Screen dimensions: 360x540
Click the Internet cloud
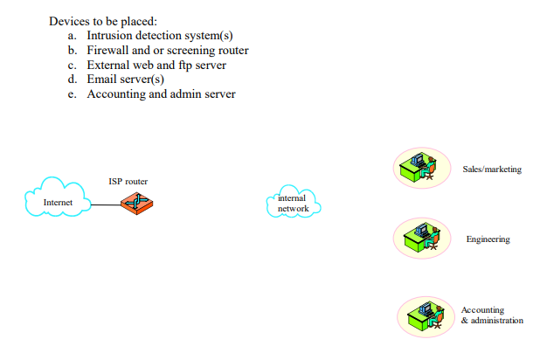tap(58, 201)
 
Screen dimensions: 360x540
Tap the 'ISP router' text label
tap(128, 181)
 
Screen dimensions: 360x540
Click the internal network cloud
tap(293, 204)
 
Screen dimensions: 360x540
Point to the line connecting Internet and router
tap(106, 206)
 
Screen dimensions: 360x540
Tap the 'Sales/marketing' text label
tap(491, 169)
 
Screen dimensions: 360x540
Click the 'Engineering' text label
tap(488, 239)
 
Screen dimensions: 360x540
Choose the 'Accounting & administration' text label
tap(492, 315)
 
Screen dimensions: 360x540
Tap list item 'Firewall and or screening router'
tap(168, 51)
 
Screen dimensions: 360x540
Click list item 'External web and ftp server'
tap(156, 65)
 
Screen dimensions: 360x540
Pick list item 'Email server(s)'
tap(126, 80)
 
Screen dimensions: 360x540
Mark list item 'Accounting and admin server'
tap(161, 93)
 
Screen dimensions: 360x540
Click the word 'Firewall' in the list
tap(108, 51)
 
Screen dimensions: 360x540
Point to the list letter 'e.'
tap(73, 93)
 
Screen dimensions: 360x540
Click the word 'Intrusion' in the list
tap(111, 36)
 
